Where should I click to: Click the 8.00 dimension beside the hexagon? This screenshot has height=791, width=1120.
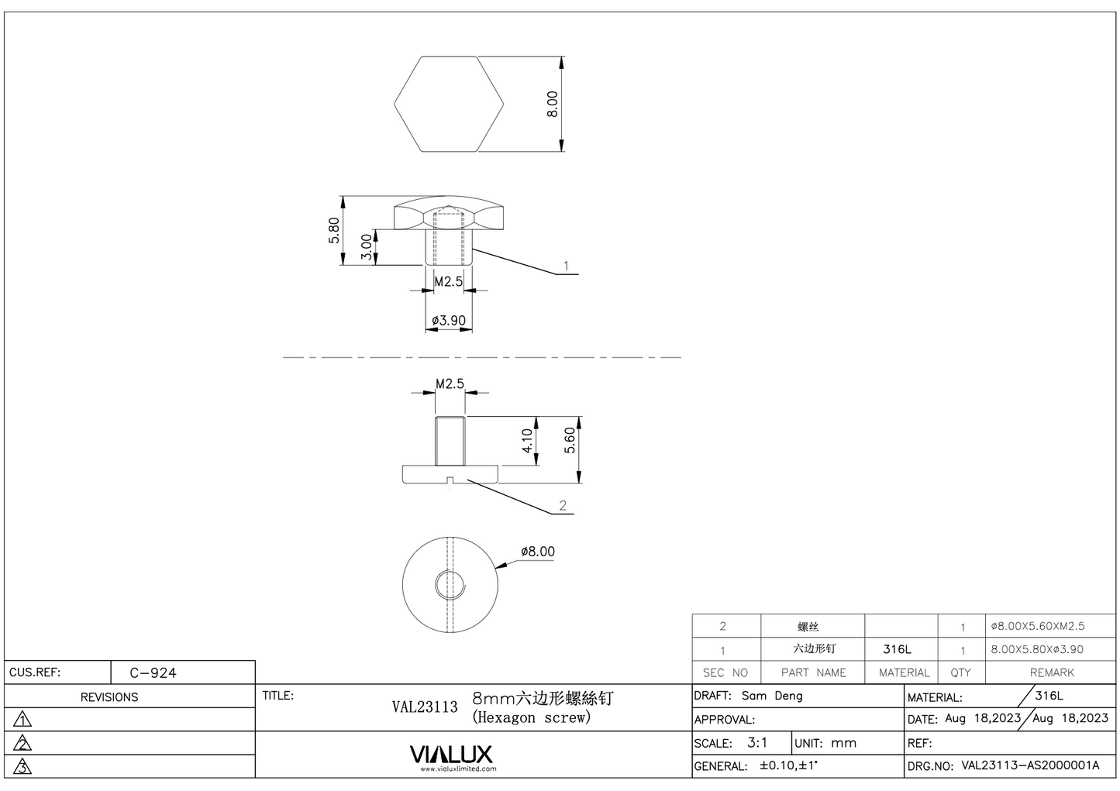[552, 104]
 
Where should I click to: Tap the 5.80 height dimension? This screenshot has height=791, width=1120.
[334, 230]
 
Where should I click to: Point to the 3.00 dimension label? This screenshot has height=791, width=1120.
[367, 247]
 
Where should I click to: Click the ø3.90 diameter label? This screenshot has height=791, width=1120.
[449, 320]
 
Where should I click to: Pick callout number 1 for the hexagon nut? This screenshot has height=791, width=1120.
[566, 266]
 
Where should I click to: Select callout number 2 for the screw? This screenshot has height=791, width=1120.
[563, 505]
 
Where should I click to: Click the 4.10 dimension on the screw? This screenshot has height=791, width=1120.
[527, 441]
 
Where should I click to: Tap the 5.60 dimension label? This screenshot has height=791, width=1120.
[570, 441]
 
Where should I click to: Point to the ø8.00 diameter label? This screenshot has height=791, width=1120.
[537, 551]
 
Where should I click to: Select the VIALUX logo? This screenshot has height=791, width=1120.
[450, 754]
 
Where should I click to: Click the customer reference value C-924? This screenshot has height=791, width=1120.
[153, 672]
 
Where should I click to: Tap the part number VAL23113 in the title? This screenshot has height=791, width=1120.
[425, 707]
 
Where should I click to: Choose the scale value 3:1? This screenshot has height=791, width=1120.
[757, 742]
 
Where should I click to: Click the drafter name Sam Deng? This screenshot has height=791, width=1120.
[772, 696]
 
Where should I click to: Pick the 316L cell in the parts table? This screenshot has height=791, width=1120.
[897, 649]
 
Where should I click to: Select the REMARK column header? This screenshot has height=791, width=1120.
[1052, 672]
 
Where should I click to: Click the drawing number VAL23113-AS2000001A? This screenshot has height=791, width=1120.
[1030, 765]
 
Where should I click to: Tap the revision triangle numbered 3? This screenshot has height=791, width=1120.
[22, 767]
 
